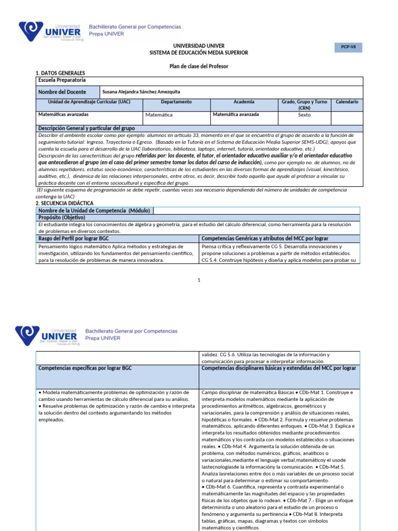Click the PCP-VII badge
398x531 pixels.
click(348, 48)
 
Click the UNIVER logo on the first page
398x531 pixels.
click(51, 32)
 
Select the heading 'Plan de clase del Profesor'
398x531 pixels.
click(199, 66)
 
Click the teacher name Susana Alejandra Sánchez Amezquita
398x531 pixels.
click(141, 92)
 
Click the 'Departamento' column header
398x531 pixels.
click(176, 102)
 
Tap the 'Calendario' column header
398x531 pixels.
click(347, 102)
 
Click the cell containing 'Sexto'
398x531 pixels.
click(304, 115)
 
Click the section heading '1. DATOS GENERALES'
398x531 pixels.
click(60, 74)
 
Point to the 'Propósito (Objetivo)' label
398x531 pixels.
click(62, 217)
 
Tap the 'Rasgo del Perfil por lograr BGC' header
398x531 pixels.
click(74, 238)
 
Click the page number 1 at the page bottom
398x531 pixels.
click(199, 280)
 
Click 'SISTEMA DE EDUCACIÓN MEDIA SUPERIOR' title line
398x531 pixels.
click(199, 53)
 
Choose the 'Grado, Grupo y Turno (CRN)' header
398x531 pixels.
click(304, 105)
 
